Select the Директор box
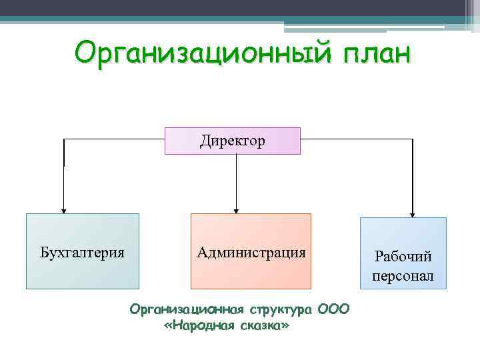(x=233, y=141)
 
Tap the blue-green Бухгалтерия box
(x=83, y=251)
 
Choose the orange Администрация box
(x=251, y=251)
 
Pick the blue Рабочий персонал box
(x=403, y=253)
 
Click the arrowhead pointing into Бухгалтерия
(x=63, y=209)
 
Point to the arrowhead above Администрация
(x=235, y=209)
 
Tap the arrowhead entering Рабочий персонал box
(x=413, y=214)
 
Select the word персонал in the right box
(x=403, y=275)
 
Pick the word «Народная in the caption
(x=197, y=326)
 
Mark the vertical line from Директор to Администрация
(x=235, y=180)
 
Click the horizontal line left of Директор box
(x=113, y=139)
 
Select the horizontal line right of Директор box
(x=357, y=139)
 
